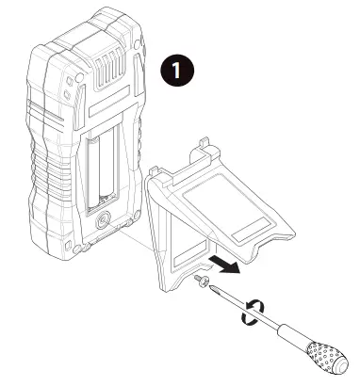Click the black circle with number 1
point(177,70)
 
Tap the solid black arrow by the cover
point(224,265)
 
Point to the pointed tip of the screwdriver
point(210,286)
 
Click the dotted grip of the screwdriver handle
point(323,355)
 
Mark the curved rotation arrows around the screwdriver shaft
point(253,312)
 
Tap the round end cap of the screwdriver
point(340,365)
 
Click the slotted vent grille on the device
point(109,67)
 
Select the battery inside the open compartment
point(102,171)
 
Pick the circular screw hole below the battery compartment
point(103,221)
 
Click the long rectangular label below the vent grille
point(108,101)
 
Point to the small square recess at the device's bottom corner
point(68,245)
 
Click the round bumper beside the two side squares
point(80,77)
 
